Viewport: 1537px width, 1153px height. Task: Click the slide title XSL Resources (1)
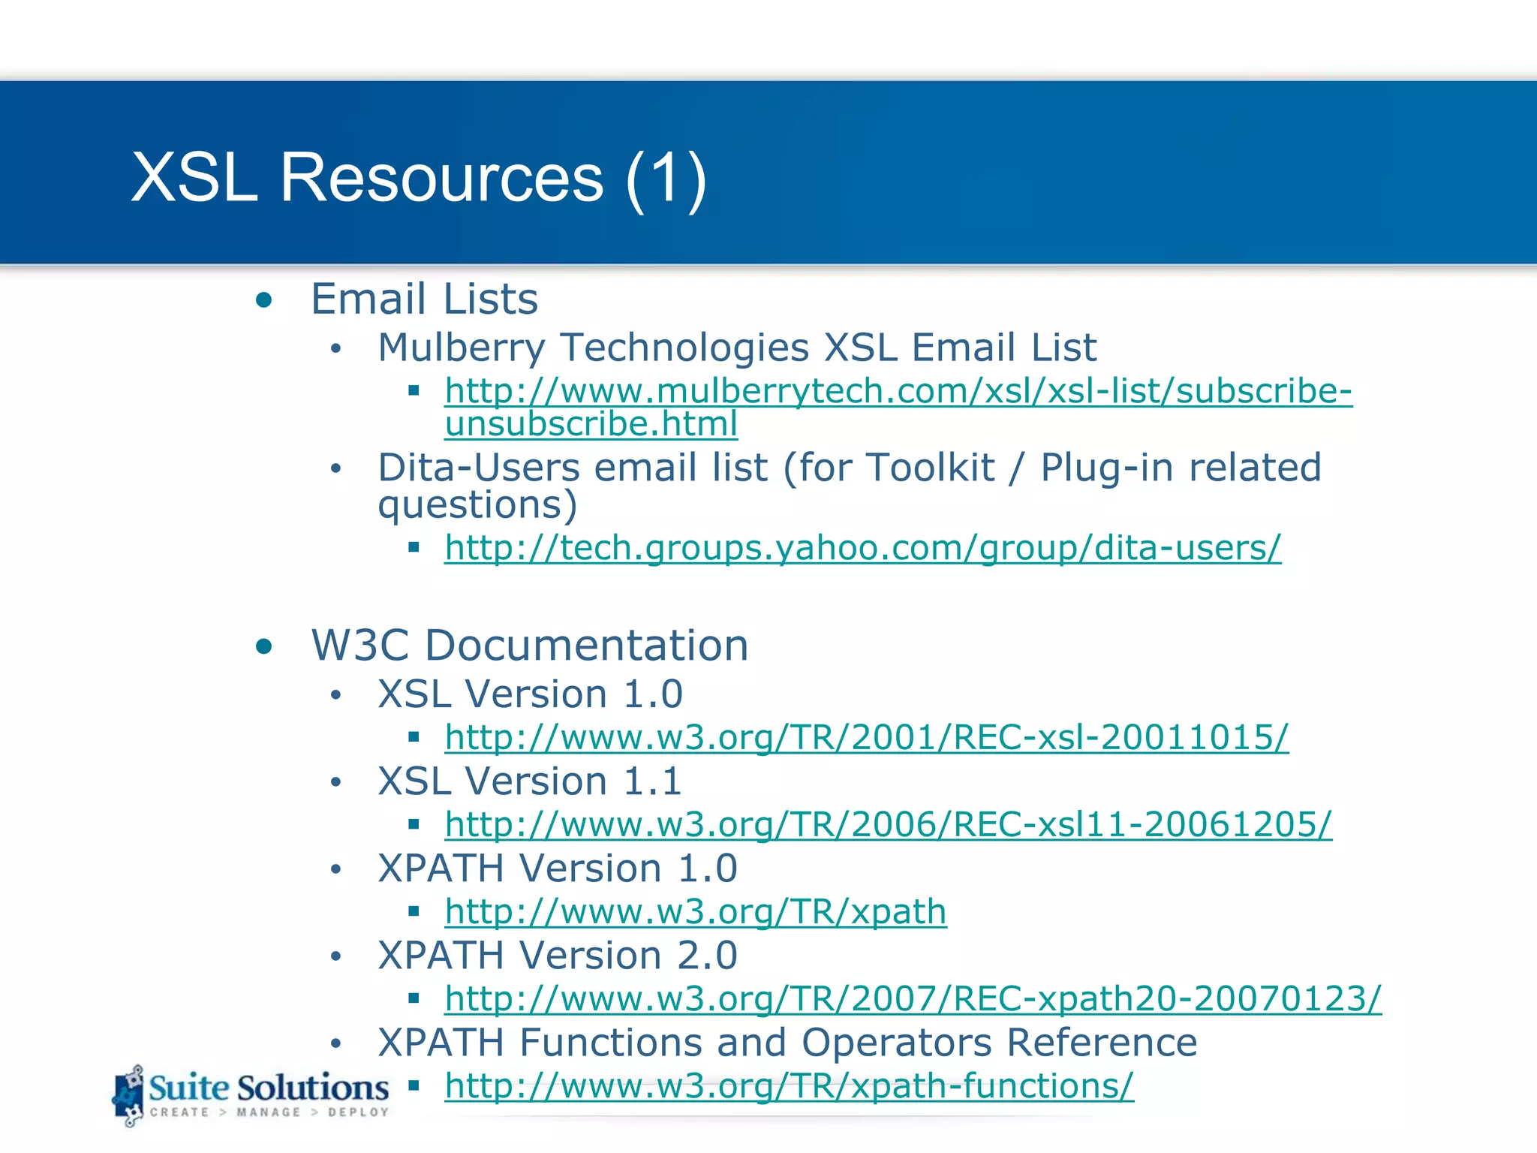[x=419, y=178]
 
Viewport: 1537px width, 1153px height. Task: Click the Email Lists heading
[x=424, y=299]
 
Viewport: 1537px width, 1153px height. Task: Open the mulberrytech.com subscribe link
[x=898, y=391]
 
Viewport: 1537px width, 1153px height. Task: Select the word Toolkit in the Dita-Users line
[x=930, y=468]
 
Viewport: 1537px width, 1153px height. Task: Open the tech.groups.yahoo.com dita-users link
[x=862, y=548]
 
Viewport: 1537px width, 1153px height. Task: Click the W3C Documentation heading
[x=529, y=646]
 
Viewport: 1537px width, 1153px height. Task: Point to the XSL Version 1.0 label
[x=530, y=694]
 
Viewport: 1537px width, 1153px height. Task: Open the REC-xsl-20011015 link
[x=866, y=737]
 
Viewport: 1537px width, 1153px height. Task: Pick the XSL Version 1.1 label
[x=530, y=781]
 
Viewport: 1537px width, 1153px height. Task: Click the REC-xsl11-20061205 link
[x=888, y=824]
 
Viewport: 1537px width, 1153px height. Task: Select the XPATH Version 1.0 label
[x=558, y=869]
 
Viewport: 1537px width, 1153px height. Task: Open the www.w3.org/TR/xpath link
[x=695, y=912]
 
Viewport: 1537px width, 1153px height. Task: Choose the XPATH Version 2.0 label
[x=558, y=956]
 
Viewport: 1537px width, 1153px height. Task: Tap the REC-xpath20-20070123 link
[x=913, y=999]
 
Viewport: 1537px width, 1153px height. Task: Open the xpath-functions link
[x=789, y=1086]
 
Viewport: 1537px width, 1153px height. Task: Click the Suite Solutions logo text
[x=268, y=1088]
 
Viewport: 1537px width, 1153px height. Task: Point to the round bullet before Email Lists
[x=263, y=301]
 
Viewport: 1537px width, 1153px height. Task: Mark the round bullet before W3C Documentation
[x=263, y=646]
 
